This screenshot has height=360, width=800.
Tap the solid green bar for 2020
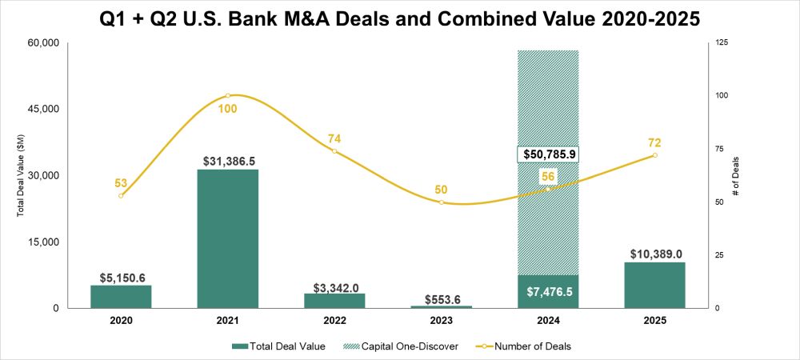[x=121, y=296]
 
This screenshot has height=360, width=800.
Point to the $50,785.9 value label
[x=548, y=154]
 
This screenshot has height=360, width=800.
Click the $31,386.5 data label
[x=228, y=162]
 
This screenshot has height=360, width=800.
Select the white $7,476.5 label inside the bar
[x=548, y=293]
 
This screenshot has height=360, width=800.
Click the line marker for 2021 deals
[x=228, y=95]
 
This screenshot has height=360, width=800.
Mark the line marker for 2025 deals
[x=654, y=155]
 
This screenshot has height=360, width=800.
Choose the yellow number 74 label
[x=334, y=138]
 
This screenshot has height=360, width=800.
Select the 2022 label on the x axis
[x=334, y=321]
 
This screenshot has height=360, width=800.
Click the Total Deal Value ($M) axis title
[x=22, y=176]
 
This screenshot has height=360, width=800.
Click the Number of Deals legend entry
[x=526, y=346]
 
